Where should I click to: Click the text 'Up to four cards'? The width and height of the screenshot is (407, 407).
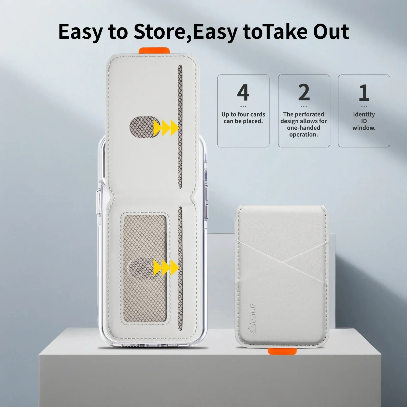(243, 114)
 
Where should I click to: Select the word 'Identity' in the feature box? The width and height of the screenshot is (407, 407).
(364, 114)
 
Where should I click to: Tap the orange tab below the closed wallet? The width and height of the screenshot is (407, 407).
(282, 351)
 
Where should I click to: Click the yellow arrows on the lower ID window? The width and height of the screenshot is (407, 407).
(166, 267)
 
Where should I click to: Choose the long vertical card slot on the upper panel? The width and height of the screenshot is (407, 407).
(180, 127)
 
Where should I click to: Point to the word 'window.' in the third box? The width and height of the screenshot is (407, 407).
(364, 128)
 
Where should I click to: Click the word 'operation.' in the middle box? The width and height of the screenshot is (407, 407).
(304, 134)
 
